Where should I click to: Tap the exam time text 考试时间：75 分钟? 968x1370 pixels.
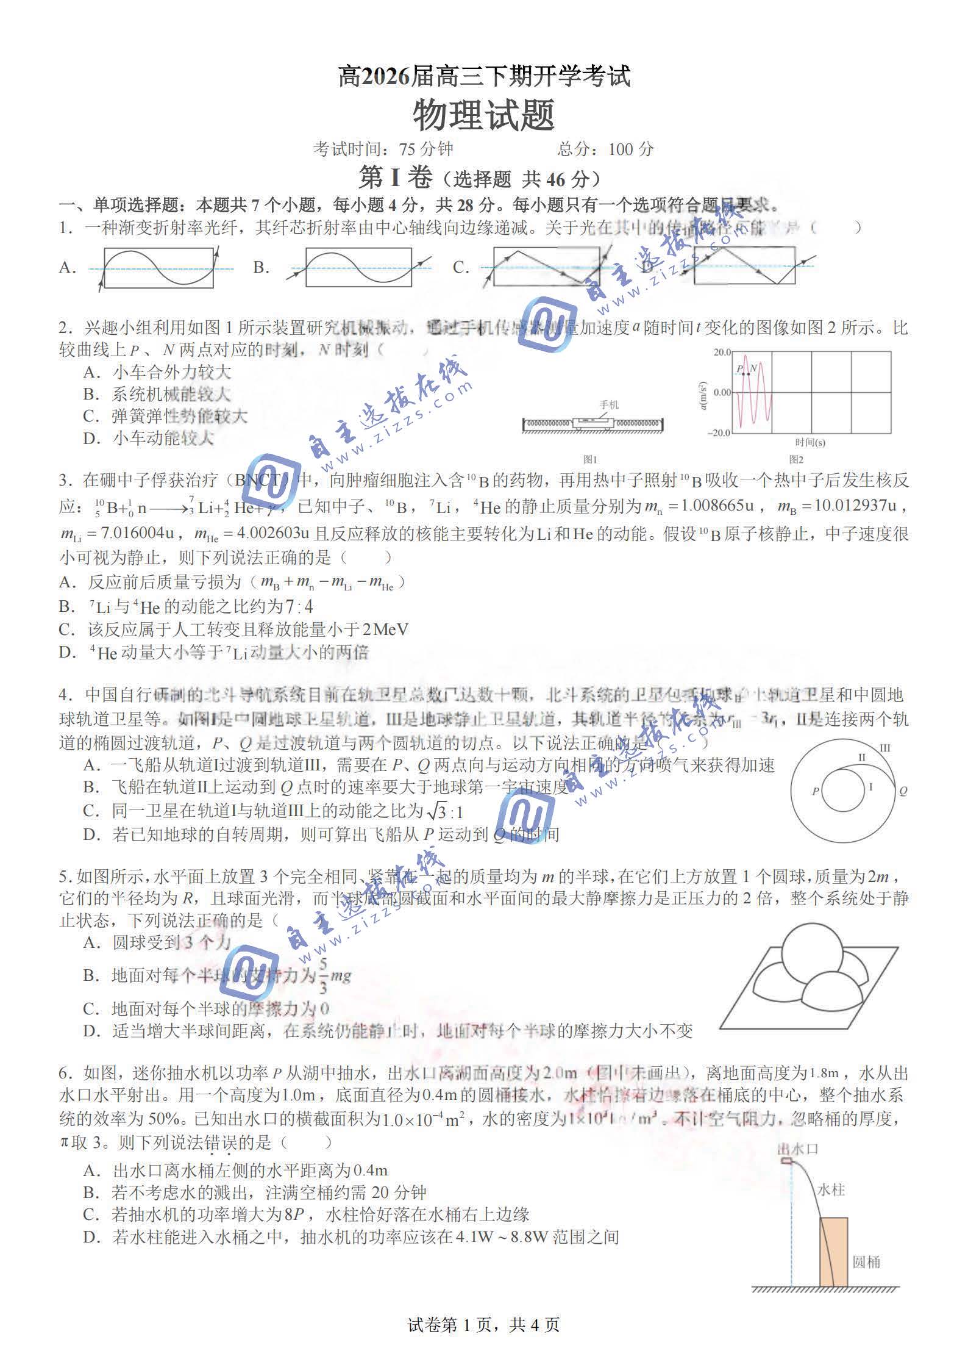[383, 149]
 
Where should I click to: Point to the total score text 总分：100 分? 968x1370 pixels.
[605, 149]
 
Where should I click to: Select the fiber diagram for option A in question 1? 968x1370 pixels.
[158, 267]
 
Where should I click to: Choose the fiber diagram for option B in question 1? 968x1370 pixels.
[358, 267]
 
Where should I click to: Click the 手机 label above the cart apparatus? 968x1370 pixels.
[608, 404]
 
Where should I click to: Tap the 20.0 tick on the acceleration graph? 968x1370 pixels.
[722, 353]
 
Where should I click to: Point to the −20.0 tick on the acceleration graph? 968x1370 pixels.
[719, 432]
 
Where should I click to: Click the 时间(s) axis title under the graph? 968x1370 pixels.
[810, 443]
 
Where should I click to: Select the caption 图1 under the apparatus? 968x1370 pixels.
[590, 459]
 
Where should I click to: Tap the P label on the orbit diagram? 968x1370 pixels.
[815, 791]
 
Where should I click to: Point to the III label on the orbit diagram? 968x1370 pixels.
[885, 748]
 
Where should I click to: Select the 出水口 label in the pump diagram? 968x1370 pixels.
[797, 1149]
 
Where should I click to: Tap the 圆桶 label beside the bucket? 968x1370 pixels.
[866, 1262]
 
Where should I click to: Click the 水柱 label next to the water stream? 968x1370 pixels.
[831, 1190]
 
